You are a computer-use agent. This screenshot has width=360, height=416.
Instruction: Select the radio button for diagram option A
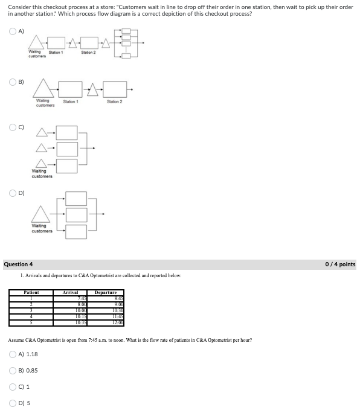point(13,31)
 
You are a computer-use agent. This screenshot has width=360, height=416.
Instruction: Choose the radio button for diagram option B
point(13,82)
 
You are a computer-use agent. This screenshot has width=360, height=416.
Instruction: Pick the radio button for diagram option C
point(13,127)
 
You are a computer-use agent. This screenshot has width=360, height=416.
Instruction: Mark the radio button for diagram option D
point(13,193)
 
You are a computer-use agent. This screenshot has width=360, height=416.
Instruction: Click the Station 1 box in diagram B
point(70,89)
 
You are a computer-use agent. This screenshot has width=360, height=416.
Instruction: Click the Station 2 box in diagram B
point(115,89)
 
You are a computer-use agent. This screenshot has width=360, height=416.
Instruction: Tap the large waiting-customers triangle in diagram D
point(40,214)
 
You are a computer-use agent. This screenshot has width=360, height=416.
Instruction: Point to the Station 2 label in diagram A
point(88,53)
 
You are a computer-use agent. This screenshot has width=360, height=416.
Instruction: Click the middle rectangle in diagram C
point(67,149)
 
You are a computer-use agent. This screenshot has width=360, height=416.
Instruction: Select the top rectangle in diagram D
point(76,199)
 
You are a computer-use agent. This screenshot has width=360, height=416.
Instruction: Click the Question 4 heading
point(18,264)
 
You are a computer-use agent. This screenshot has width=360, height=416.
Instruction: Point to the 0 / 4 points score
point(340,264)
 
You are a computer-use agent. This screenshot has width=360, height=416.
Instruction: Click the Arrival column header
point(70,292)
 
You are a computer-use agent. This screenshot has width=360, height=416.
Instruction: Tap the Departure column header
point(106,292)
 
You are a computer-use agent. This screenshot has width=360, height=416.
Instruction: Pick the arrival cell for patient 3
point(70,311)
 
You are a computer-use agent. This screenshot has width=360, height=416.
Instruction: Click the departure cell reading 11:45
point(106,316)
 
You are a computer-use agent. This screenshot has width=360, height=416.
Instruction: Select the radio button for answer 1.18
point(13,354)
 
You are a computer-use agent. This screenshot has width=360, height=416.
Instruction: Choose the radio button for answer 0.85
point(13,370)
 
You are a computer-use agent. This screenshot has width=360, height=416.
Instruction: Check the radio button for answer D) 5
point(13,403)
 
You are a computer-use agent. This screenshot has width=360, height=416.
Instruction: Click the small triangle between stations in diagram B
point(92,90)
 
